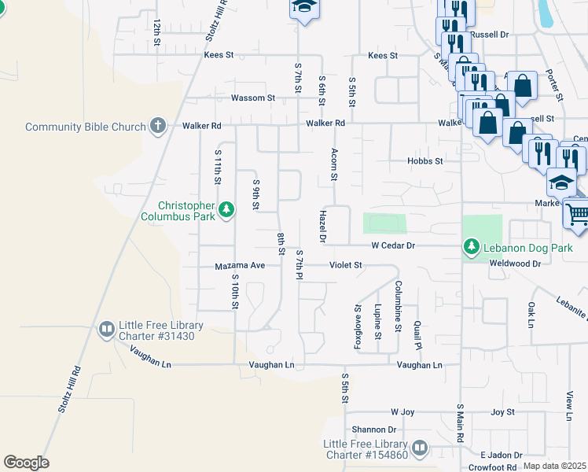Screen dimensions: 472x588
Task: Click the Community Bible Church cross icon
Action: pos(158,126)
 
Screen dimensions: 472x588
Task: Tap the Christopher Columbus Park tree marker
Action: pos(226,208)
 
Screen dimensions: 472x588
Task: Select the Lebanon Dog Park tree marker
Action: pos(472,247)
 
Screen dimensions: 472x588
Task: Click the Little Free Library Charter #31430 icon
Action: pos(107,330)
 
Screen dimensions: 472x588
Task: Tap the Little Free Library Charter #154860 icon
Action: pos(420,448)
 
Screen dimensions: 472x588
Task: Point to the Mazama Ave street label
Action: pos(241,266)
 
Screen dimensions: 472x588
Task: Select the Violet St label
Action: pos(345,266)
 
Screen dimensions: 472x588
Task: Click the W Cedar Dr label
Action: pos(393,246)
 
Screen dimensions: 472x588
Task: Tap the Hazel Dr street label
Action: pos(322,226)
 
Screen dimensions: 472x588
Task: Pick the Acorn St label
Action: pos(334,164)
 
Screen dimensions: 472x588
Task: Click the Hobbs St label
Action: pos(424,160)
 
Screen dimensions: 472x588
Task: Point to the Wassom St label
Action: pos(253,98)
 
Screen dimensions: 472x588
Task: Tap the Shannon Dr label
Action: pos(374,430)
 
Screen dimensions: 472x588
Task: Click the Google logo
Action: pos(26,463)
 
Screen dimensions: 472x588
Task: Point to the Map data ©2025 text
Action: pos(554,466)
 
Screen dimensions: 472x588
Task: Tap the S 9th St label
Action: pos(256,194)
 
